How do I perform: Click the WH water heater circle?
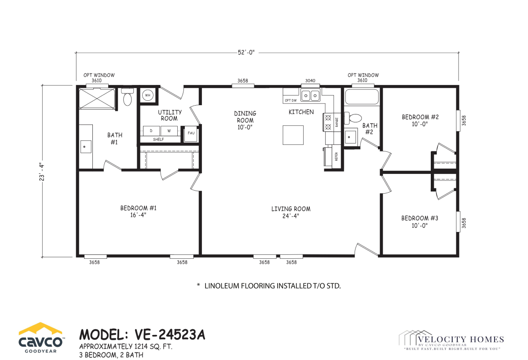coord(148,95)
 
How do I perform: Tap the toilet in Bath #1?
coord(128,97)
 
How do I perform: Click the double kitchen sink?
coord(310,96)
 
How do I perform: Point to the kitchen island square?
coord(293,135)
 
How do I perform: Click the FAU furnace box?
coord(191,134)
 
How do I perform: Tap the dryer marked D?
coord(151,131)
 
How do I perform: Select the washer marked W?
coord(169,131)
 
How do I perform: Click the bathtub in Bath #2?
coord(362,97)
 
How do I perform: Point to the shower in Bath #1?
coord(97,99)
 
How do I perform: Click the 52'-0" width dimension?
coord(246,52)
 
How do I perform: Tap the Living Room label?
coord(291,212)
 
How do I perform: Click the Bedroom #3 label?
coord(420,222)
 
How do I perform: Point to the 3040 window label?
coord(310,81)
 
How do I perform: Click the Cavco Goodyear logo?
coord(41,338)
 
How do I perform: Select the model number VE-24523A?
coord(170,334)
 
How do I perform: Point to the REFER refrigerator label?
coord(336,156)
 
